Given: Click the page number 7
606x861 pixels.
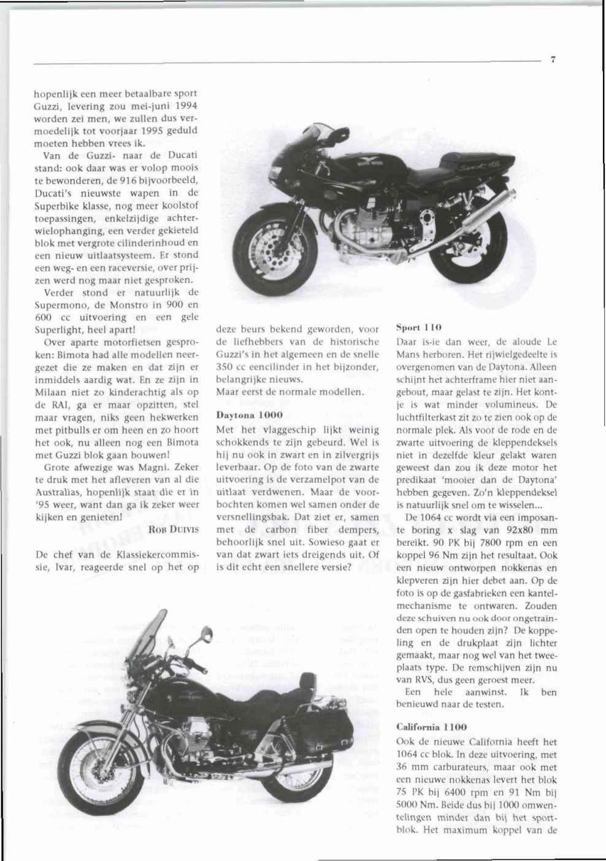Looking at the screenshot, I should (x=553, y=60).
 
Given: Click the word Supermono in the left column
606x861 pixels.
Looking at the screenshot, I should (x=60, y=304).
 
